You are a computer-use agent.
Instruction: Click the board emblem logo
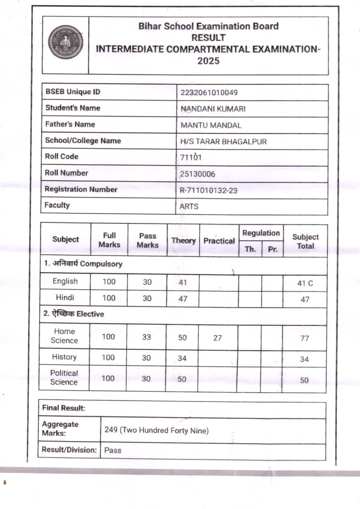tap(65, 42)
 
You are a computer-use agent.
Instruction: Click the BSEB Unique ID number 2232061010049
tap(209, 92)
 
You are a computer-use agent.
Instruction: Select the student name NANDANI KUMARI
tap(213, 109)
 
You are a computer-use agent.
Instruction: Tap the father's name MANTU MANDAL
tap(211, 125)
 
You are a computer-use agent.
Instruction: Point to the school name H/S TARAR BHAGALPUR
tap(223, 142)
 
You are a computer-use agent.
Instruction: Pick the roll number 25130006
tap(197, 174)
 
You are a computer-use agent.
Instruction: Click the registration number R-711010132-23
tap(209, 190)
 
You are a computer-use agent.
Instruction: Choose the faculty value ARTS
tap(189, 206)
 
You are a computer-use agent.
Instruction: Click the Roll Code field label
tap(62, 156)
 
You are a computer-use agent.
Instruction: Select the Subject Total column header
tap(305, 241)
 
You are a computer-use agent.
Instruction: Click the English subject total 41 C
tap(305, 283)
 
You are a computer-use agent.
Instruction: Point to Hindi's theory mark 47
tap(183, 298)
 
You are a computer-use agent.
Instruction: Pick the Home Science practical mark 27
tap(218, 337)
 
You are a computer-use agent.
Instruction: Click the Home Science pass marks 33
tap(147, 337)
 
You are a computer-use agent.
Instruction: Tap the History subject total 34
tap(304, 359)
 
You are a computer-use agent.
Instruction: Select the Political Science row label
tap(64, 378)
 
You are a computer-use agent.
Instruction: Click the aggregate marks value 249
tap(111, 430)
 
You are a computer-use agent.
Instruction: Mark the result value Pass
tap(113, 451)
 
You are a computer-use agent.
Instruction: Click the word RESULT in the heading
tap(208, 37)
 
